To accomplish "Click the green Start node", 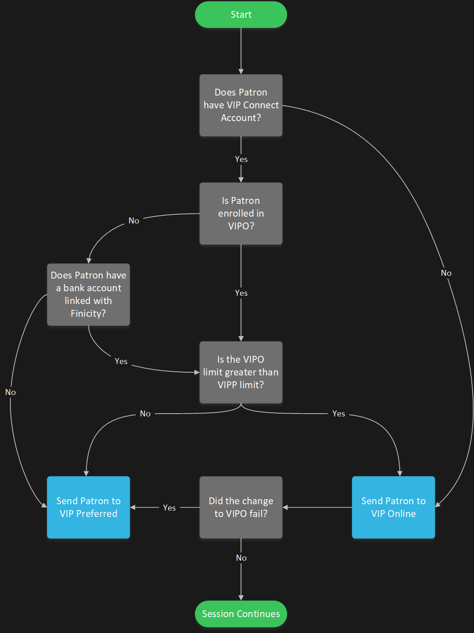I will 241,15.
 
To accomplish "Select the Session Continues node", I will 241,614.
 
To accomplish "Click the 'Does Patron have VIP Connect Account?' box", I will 241,105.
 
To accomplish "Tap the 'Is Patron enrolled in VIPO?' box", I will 241,213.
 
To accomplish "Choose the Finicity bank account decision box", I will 88,294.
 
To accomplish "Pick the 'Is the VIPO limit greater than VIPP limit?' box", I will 241,372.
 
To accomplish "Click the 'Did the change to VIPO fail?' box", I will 241,507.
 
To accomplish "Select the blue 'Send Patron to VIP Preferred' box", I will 88,507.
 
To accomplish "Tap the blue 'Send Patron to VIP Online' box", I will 393,507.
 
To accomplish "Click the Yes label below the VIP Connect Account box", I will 241,159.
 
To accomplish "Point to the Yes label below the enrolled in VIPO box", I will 241,293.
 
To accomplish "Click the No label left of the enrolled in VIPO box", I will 134,221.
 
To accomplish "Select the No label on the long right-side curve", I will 446,273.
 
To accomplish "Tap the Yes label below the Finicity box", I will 121,361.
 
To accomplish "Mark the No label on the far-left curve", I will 10,392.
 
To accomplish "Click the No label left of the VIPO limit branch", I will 145,414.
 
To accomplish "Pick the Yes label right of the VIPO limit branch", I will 339,414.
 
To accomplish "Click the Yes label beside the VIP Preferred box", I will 169,508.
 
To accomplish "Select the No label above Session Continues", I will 241,558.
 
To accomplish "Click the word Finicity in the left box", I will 87,314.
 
